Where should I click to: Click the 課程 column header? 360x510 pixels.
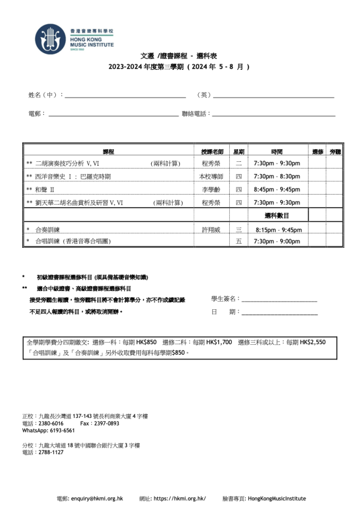point(108,151)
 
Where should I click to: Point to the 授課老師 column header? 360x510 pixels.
point(212,151)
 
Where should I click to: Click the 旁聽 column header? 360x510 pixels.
point(335,151)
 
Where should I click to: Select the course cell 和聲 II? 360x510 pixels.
point(45,190)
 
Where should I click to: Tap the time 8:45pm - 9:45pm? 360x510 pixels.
point(277,190)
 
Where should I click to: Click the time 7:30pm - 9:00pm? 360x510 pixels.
point(277,242)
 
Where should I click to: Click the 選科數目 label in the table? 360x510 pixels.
point(277,216)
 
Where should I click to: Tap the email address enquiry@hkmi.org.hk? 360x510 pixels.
point(97,498)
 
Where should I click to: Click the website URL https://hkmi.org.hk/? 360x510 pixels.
point(179,498)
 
